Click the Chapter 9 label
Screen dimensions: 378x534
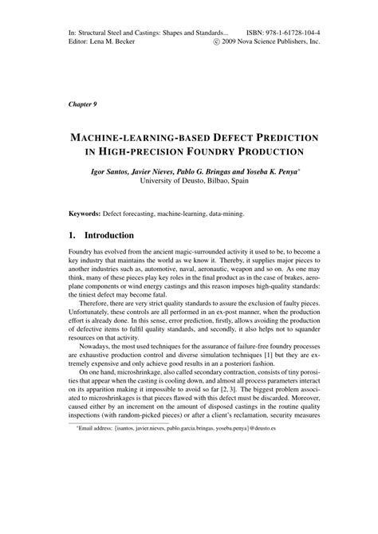point(82,103)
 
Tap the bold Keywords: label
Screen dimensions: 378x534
point(84,214)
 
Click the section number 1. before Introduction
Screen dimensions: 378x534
point(72,236)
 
